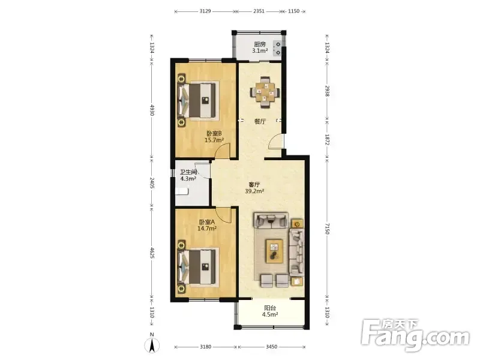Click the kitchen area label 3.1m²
click(260, 51)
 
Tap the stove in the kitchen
click(277, 49)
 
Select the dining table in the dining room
click(265, 92)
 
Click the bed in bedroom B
click(198, 100)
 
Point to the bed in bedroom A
click(198, 266)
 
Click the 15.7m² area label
click(214, 140)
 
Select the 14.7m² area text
click(207, 229)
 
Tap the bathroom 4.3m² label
click(188, 179)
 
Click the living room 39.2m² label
click(254, 191)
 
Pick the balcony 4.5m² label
click(270, 314)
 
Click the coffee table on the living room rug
click(274, 251)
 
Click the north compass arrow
click(152, 346)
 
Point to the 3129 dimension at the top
click(205, 11)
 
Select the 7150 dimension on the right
click(327, 229)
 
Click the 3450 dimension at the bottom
click(272, 347)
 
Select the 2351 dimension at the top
click(259, 11)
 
